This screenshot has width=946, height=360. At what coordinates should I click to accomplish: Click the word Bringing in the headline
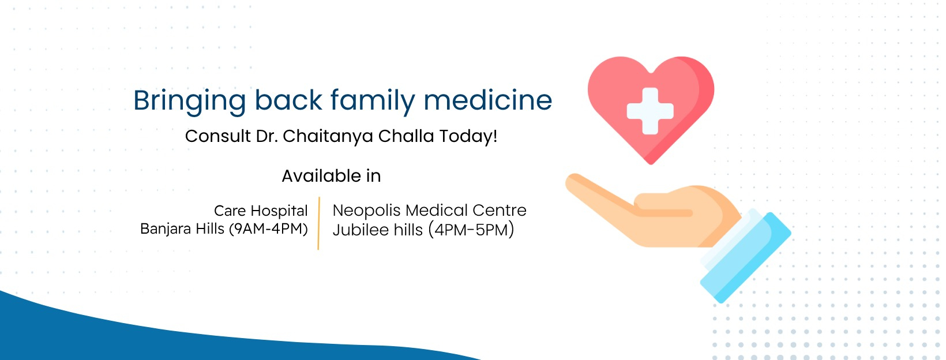(x=189, y=102)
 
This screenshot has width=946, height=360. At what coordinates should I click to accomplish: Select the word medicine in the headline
(x=488, y=100)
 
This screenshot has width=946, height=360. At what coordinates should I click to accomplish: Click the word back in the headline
(x=288, y=100)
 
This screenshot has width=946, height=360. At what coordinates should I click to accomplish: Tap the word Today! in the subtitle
(x=468, y=136)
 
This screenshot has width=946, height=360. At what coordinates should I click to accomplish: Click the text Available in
(x=331, y=176)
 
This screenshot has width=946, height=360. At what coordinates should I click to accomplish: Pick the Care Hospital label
(x=261, y=211)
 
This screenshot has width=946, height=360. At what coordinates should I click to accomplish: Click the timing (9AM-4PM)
(x=268, y=229)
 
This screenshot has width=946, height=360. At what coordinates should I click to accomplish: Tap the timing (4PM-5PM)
(x=471, y=230)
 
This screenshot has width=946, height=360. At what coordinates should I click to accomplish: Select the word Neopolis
(x=366, y=211)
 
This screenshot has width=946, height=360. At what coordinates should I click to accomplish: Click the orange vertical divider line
(x=318, y=223)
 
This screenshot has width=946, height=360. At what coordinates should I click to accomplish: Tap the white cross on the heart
(x=650, y=111)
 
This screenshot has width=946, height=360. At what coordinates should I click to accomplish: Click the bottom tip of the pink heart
(x=651, y=162)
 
